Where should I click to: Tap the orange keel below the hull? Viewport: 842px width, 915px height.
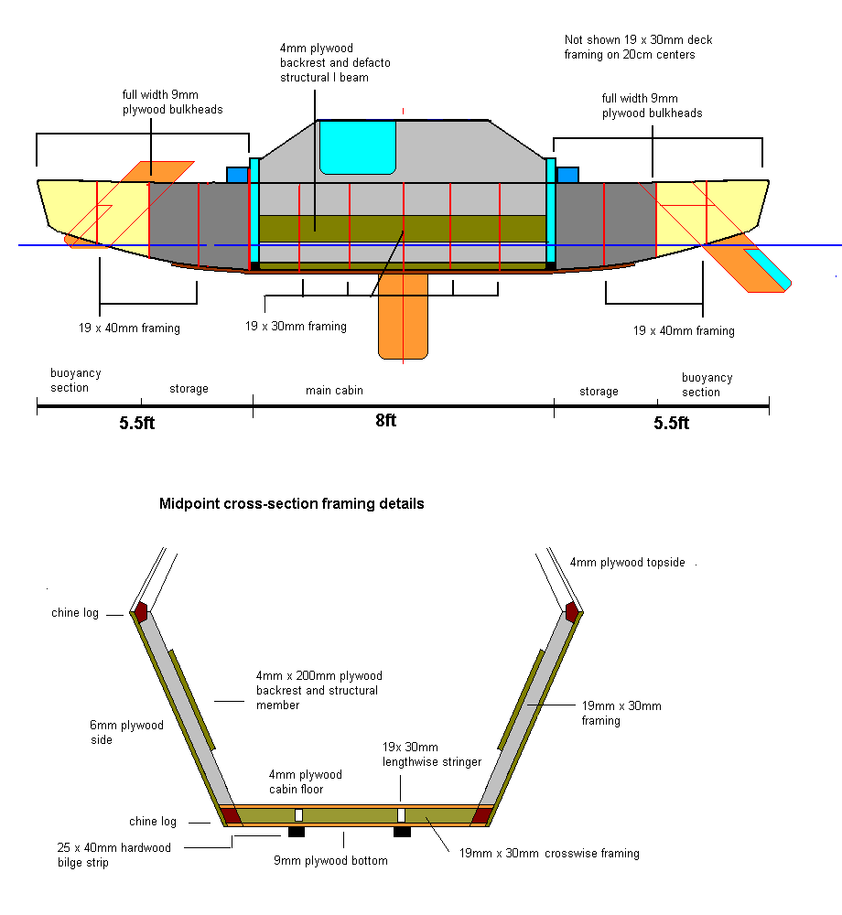[403, 316]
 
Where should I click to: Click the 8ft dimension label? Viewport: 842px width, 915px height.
[385, 421]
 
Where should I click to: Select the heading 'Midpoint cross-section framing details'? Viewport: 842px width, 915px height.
[292, 503]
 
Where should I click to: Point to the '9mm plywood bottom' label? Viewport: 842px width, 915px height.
[330, 860]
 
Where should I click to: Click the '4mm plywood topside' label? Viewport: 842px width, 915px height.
[627, 563]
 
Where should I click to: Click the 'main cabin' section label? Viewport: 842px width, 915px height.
[334, 390]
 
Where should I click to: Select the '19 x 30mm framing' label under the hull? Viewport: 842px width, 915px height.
[296, 326]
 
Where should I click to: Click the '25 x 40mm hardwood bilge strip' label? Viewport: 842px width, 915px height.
[113, 855]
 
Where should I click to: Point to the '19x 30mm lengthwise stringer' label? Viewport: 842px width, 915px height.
[432, 755]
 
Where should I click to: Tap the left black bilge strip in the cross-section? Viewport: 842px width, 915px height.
[297, 832]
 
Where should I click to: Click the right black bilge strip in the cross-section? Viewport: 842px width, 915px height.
[402, 832]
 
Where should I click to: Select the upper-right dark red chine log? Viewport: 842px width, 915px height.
[572, 611]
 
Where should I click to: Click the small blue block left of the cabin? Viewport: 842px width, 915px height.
[237, 175]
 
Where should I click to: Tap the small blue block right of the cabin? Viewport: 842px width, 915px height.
[567, 175]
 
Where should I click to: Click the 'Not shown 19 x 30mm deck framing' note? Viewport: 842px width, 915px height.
[638, 48]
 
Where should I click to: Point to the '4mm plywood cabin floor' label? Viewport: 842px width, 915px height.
[306, 782]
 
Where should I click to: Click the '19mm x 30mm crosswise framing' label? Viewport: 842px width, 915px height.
[549, 854]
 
